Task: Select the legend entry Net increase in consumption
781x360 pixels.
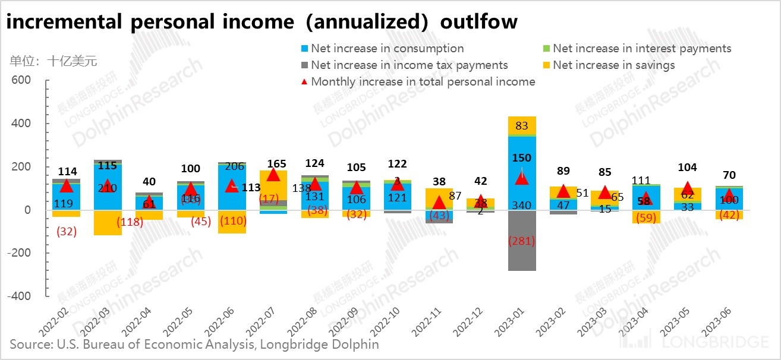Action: (387, 49)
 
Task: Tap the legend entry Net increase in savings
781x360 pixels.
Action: (613, 65)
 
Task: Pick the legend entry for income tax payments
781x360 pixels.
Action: (409, 65)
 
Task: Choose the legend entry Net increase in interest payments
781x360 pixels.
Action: (642, 49)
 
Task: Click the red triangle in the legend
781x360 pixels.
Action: (304, 81)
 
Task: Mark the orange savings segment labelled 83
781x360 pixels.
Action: (522, 126)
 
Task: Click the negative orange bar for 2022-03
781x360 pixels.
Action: (108, 223)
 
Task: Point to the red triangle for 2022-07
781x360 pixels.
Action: (273, 174)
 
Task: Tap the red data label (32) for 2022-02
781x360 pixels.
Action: (66, 232)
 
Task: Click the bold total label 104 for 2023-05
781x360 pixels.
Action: (687, 168)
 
